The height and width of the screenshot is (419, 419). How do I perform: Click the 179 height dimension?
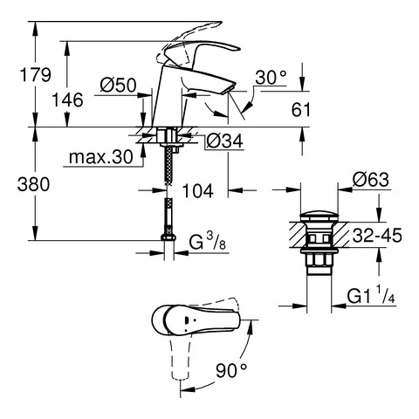click(35, 74)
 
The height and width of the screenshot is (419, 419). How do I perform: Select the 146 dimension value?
click(67, 100)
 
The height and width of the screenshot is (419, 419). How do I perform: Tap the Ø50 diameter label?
click(118, 86)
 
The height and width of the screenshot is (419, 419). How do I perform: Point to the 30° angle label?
click(271, 78)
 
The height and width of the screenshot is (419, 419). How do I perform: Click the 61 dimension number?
click(301, 110)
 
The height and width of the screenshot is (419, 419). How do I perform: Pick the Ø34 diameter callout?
click(224, 141)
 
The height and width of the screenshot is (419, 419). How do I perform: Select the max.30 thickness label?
click(101, 157)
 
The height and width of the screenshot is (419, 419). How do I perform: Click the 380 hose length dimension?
click(33, 184)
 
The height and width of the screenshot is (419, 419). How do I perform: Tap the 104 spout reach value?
click(197, 191)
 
